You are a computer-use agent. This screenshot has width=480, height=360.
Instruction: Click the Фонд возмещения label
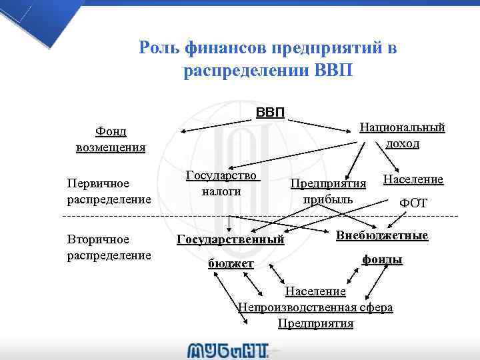point(111,139)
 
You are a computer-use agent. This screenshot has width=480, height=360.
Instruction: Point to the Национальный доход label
point(402,135)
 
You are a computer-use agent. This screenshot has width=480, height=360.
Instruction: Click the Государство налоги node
point(221,183)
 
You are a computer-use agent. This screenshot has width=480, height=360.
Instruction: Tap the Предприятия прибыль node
point(329,191)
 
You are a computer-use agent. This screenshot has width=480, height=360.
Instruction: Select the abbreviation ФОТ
point(413,203)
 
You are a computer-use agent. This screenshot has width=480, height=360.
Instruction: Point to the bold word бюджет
point(231,264)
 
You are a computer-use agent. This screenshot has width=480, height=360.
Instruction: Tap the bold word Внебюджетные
point(382,236)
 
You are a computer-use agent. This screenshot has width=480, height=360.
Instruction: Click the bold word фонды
point(382,259)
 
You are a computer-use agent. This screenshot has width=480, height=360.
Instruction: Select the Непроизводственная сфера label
point(315,307)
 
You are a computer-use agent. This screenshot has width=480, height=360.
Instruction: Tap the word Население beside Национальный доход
point(413,180)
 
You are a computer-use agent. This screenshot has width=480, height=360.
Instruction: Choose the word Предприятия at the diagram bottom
point(315,323)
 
